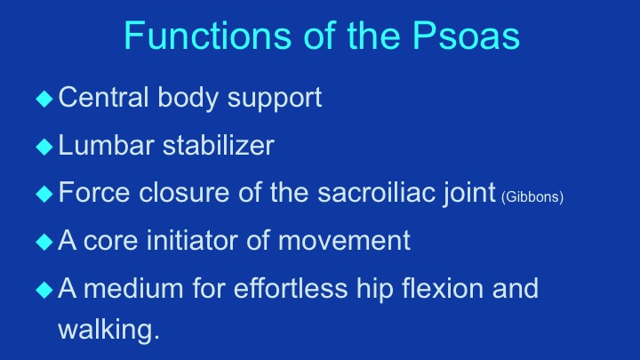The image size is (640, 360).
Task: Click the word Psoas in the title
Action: coord(466,36)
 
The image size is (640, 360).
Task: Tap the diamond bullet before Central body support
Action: coord(44,99)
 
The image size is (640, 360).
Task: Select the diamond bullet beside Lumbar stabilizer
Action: coord(44,147)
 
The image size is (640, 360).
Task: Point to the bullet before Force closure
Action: coord(44,194)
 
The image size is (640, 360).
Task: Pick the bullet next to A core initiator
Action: coord(44,242)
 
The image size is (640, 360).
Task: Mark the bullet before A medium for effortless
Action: coord(44,290)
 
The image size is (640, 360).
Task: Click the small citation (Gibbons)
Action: coord(532,197)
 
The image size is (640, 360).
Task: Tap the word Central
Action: coord(103,97)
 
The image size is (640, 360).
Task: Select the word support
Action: coord(275,99)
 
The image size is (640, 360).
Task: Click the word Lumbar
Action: coord(106,145)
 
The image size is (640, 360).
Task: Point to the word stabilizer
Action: coord(219,145)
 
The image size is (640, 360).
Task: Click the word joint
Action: coord(469,194)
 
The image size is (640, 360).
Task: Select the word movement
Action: coord(344,241)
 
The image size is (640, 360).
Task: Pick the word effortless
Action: coord(291,288)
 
